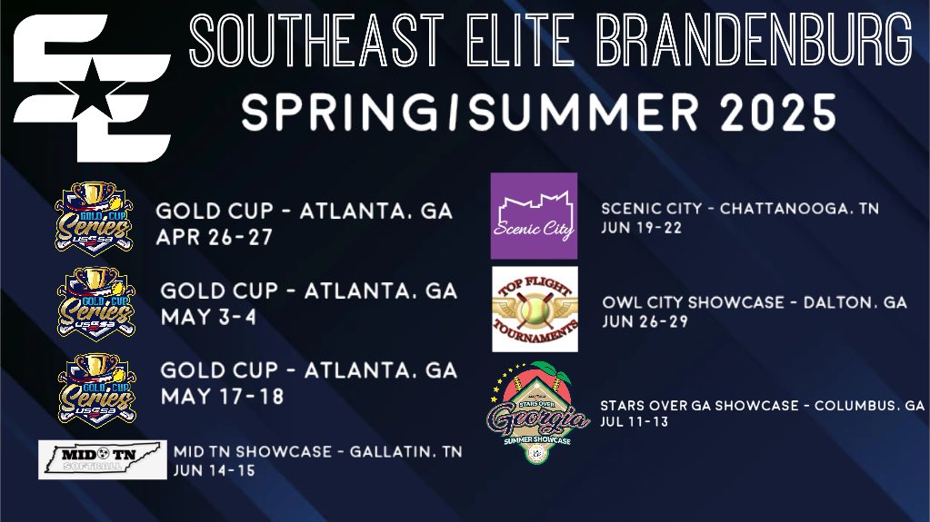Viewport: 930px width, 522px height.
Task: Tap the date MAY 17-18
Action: coord(222,397)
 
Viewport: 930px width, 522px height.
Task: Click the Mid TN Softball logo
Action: coord(103,459)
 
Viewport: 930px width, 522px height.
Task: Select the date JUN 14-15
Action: coord(215,471)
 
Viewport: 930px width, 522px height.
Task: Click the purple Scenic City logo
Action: coord(534,208)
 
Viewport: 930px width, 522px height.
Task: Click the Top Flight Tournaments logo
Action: coord(535,309)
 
